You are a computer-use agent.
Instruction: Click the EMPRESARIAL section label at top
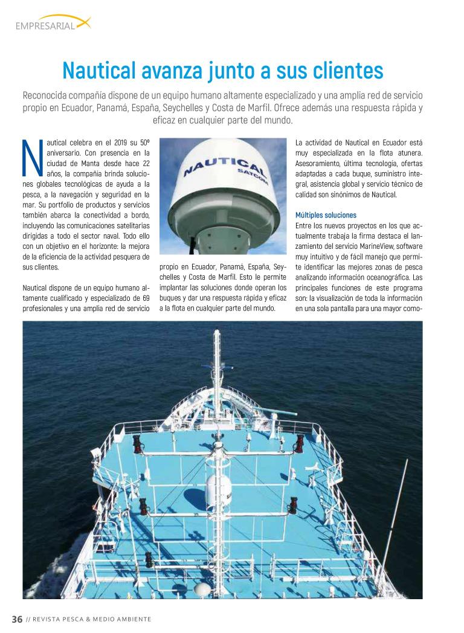pyautogui.click(x=45, y=25)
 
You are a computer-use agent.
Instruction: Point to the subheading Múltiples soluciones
pyautogui.click(x=326, y=215)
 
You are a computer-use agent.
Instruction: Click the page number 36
pyautogui.click(x=17, y=619)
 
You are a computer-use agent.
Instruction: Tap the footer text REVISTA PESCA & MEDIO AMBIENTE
pyautogui.click(x=91, y=619)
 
